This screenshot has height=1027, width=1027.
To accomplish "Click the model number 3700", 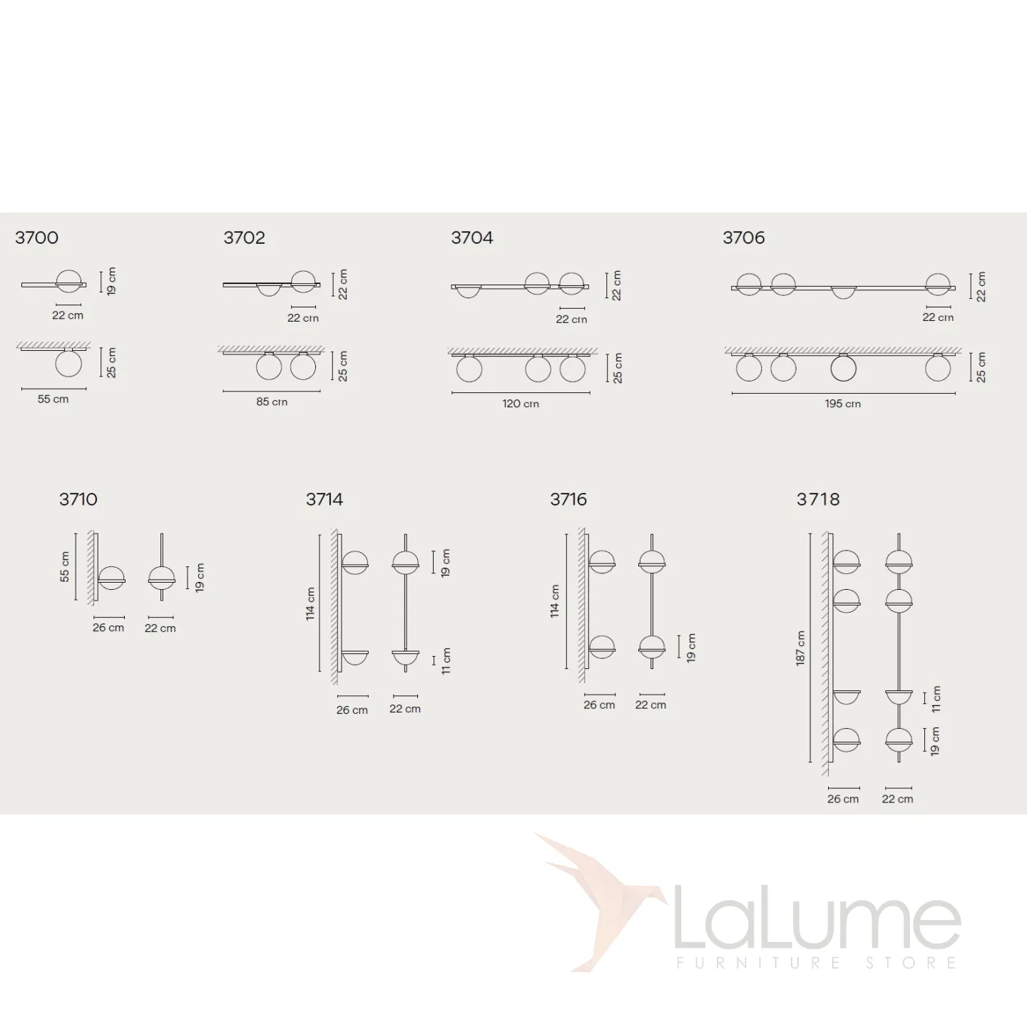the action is click(37, 237).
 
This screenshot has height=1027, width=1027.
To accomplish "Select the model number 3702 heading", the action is click(244, 237).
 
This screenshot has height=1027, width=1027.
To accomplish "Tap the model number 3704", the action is click(472, 237).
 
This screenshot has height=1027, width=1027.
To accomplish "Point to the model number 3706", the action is click(743, 237).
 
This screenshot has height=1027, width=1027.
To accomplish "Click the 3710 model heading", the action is click(78, 499).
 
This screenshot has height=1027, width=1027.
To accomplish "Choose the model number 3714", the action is click(325, 499).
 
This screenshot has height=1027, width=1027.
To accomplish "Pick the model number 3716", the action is click(568, 499).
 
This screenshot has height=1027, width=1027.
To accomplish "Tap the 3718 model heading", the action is click(818, 499).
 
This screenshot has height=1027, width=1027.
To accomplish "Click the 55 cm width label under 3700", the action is click(53, 399).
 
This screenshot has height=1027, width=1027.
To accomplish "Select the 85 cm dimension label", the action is click(272, 402).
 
